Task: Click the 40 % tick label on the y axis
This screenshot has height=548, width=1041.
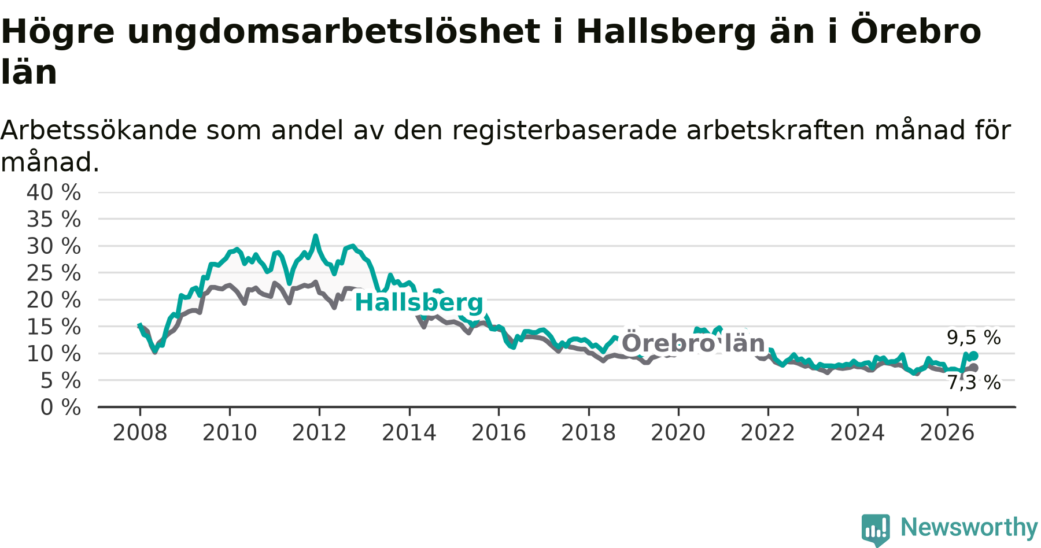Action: [54, 192]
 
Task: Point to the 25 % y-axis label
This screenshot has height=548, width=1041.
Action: [54, 273]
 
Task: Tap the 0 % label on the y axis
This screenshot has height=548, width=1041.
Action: [61, 408]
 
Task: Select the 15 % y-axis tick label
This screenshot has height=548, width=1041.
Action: [54, 327]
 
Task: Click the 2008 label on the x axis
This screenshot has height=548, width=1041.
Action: [140, 432]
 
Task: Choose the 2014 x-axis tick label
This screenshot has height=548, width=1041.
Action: [409, 432]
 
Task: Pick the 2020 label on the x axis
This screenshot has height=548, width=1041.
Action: [678, 432]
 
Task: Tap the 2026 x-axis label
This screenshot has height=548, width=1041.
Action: [947, 432]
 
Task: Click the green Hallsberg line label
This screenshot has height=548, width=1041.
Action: [419, 302]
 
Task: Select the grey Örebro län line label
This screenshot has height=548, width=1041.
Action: [693, 343]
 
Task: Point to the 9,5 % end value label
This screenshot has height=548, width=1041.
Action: [974, 338]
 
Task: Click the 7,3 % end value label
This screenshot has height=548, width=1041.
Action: [974, 383]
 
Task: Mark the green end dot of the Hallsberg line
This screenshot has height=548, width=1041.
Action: [974, 356]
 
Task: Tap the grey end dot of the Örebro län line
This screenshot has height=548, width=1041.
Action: [974, 368]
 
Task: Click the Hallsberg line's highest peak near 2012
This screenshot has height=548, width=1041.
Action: [315, 236]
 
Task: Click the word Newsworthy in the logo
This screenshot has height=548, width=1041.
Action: [969, 527]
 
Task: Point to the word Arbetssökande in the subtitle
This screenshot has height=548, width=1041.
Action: [99, 130]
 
